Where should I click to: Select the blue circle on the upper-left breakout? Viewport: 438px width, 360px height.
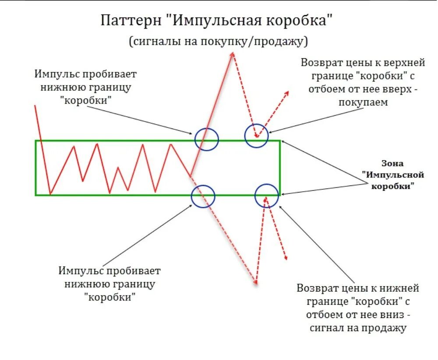(206, 139)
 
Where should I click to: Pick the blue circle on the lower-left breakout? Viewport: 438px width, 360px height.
(203, 196)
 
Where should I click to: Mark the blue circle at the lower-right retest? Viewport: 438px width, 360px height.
(266, 195)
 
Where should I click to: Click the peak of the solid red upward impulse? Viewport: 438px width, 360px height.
(233, 52)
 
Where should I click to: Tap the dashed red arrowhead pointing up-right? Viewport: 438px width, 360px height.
(287, 93)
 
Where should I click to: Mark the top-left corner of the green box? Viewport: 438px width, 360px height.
(36, 141)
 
